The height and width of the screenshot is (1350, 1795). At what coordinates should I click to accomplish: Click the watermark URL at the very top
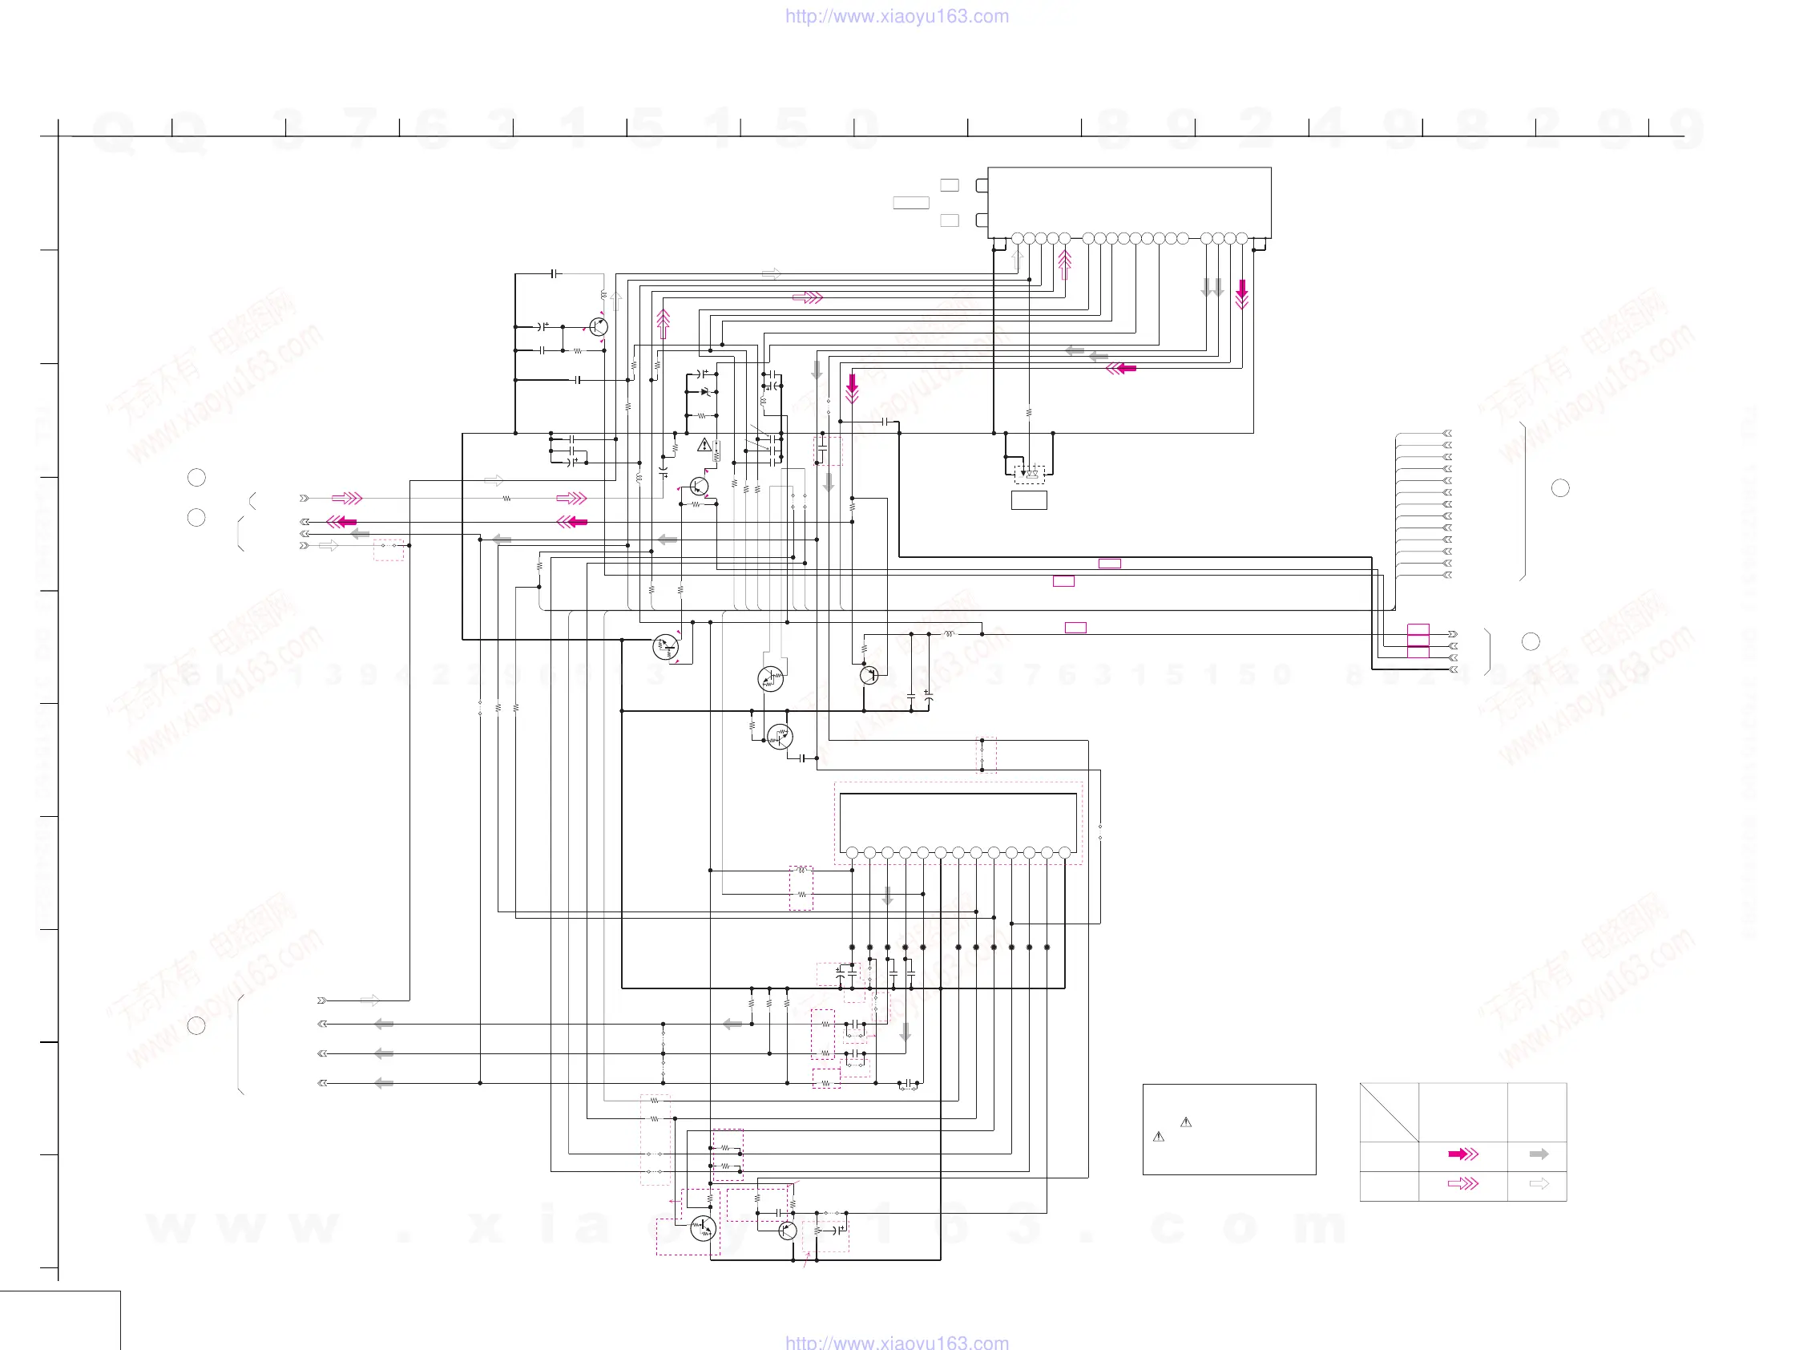[x=897, y=16]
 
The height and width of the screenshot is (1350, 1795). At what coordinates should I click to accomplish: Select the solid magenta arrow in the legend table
[x=1462, y=1154]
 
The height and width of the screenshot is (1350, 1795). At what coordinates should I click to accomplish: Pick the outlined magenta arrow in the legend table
[x=1462, y=1183]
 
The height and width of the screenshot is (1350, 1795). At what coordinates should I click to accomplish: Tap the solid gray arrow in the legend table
[x=1539, y=1154]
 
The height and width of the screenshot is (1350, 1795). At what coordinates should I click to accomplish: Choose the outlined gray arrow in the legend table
[x=1539, y=1183]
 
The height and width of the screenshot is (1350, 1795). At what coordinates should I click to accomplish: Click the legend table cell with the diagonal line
[x=1389, y=1112]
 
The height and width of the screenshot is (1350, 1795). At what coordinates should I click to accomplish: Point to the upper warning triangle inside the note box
[x=1185, y=1122]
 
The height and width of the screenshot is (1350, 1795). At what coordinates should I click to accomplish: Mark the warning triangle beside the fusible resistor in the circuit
[x=704, y=445]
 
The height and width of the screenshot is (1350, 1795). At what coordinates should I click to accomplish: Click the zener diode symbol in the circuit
[x=704, y=392]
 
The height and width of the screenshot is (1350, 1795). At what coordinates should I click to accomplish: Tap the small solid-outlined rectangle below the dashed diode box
[x=1029, y=500]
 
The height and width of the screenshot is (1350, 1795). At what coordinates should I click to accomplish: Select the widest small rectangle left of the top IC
[x=910, y=203]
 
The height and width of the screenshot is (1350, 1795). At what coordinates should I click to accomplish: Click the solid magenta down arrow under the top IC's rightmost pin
[x=1241, y=294]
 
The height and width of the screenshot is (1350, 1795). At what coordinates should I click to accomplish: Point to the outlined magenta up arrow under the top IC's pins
[x=1065, y=264]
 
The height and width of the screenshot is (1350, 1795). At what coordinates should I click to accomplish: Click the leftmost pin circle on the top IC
[x=1017, y=238]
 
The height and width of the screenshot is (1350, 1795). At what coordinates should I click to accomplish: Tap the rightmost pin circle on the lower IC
[x=1065, y=852]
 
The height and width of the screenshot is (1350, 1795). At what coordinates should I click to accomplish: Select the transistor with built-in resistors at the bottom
[x=703, y=1227]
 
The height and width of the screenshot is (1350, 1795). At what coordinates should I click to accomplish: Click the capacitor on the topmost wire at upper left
[x=555, y=274]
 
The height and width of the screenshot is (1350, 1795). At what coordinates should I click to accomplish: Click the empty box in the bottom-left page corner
[x=60, y=1320]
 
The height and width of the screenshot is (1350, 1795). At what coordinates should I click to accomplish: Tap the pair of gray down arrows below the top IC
[x=1212, y=287]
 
